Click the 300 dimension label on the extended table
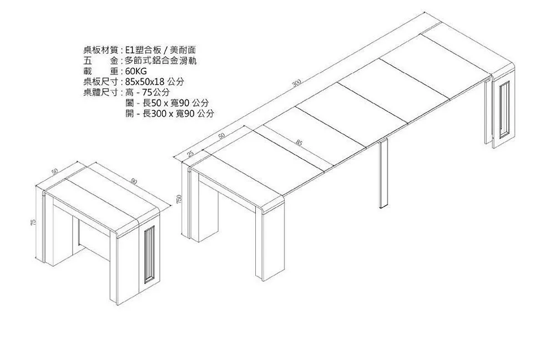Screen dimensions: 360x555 [297, 84]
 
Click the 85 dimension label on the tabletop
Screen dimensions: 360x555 [299, 143]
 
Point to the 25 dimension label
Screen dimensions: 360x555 [190, 154]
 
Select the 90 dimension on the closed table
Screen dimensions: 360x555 [134, 181]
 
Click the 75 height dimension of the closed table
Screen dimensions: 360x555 [34, 222]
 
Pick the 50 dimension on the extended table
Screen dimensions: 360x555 [221, 136]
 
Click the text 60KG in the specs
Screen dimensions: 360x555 [136, 72]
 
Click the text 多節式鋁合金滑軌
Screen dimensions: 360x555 [161, 62]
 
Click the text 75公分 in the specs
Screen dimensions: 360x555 [156, 93]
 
